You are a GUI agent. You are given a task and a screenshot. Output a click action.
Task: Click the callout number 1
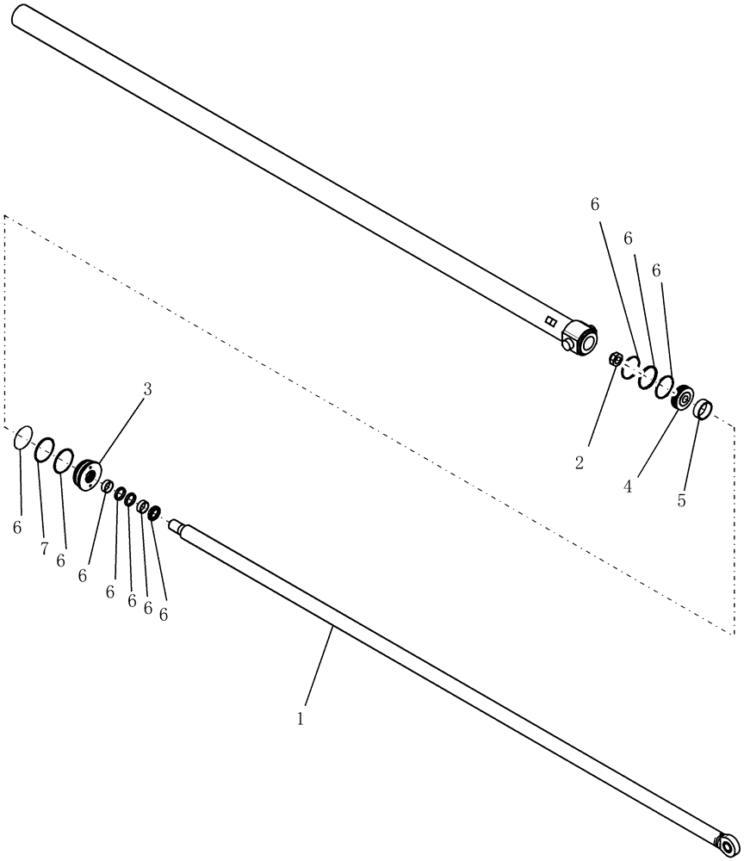point(300,717)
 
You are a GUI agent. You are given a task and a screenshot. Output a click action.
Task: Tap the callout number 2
point(579,462)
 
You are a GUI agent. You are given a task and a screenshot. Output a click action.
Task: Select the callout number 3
point(147,389)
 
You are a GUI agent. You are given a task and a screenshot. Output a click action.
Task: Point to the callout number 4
point(628,486)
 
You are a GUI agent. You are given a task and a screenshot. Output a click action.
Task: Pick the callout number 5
point(681,500)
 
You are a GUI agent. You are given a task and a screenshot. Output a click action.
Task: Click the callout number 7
point(44,549)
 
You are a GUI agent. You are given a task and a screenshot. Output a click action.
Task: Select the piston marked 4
point(683,398)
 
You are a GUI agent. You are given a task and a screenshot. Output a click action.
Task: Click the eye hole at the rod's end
point(728,846)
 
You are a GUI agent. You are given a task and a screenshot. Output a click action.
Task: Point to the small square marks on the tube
point(550,321)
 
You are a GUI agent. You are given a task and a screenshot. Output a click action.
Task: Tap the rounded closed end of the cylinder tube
point(19,15)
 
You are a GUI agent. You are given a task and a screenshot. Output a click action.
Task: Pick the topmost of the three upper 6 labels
point(594,204)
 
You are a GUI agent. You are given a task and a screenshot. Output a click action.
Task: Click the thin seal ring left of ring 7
point(23,438)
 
